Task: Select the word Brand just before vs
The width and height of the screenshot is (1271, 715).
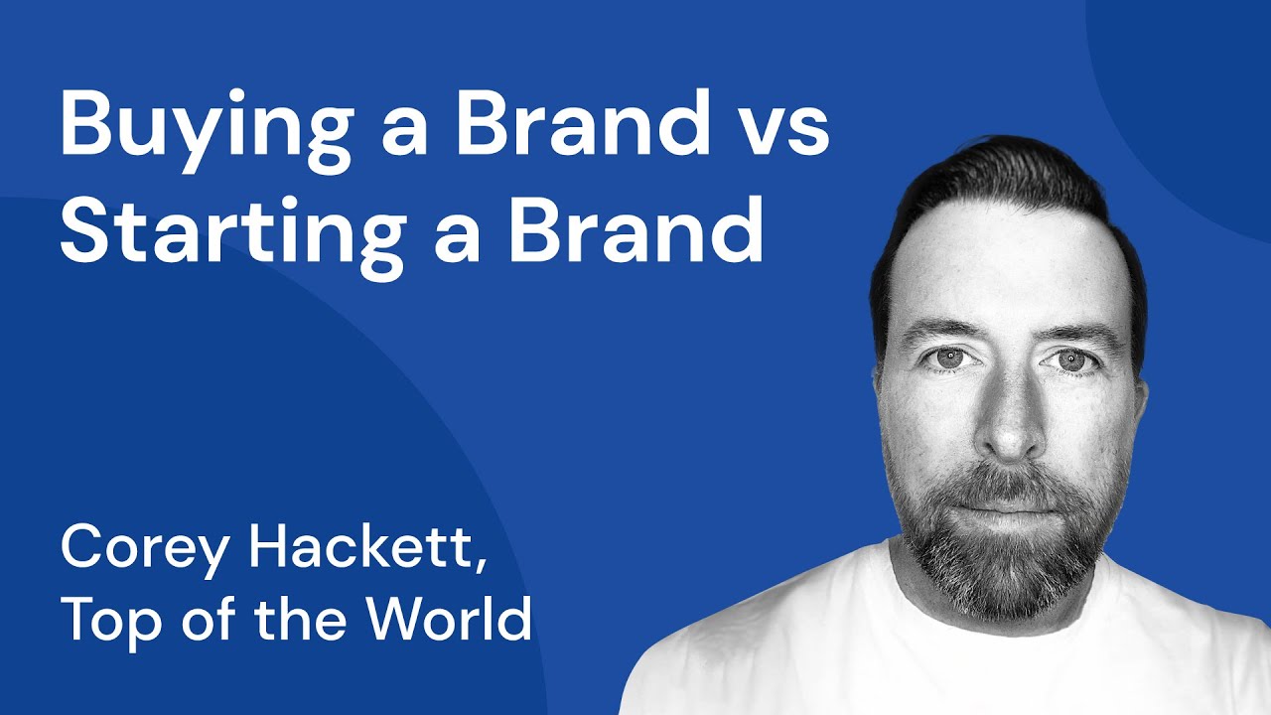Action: click(x=581, y=126)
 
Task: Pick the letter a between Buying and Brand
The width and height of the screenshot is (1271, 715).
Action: click(x=403, y=136)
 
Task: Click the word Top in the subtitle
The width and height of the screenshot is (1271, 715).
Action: click(x=104, y=619)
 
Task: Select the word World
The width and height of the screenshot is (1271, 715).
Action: click(x=448, y=617)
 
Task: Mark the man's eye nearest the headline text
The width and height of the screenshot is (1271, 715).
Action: click(x=950, y=357)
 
